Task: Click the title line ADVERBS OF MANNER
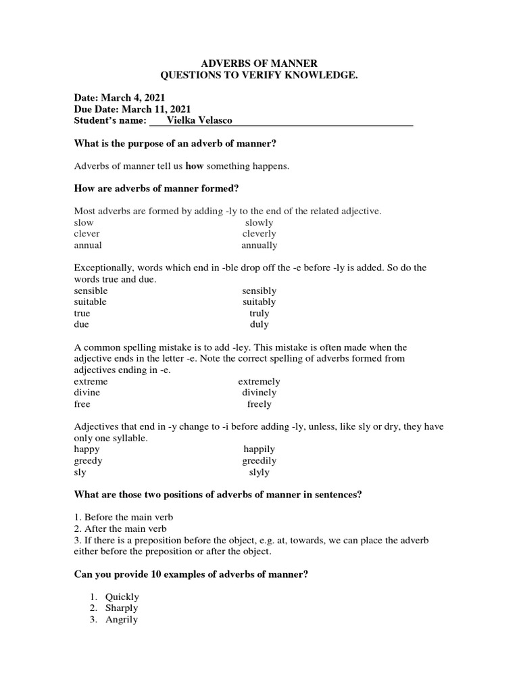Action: [259, 63]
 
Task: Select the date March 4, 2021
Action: [134, 98]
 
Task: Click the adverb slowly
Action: [259, 222]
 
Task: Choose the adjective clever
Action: [86, 234]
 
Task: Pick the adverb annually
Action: [259, 245]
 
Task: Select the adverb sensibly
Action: [259, 291]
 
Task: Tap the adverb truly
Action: [259, 314]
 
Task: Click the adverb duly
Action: [259, 325]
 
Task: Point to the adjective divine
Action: [86, 393]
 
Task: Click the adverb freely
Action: [259, 404]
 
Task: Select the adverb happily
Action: [259, 449]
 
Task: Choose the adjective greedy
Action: [88, 461]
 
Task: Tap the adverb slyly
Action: [259, 472]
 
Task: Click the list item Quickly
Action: [122, 597]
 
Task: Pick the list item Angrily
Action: [121, 620]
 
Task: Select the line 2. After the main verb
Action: [120, 529]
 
